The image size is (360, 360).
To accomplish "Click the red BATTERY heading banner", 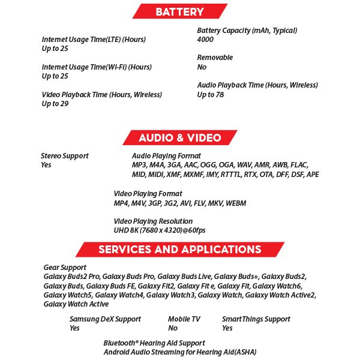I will click(x=179, y=11).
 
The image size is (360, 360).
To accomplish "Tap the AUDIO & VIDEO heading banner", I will click(x=179, y=137).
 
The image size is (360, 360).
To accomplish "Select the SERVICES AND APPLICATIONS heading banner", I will click(x=179, y=249).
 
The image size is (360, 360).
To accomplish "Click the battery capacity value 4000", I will click(x=205, y=40).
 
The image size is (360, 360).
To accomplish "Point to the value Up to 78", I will click(x=211, y=95).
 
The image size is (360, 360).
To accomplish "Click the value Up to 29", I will click(x=55, y=104).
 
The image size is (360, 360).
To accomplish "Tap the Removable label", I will click(x=215, y=58).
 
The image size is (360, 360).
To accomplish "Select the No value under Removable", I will click(x=202, y=67).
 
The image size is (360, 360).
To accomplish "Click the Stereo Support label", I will click(x=65, y=156).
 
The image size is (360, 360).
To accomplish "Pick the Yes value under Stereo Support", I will click(x=46, y=165).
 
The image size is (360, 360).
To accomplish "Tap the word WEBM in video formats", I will click(x=236, y=203).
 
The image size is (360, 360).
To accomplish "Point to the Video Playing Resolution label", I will click(x=153, y=221).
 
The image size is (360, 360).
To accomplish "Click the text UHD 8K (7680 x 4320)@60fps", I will click(x=159, y=230).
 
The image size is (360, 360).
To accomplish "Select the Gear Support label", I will click(x=65, y=268).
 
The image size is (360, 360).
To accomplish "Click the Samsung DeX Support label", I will click(x=105, y=319).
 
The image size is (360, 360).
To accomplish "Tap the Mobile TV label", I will click(x=184, y=319).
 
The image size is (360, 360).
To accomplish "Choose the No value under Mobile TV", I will click(x=173, y=328).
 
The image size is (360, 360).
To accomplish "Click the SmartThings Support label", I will click(x=256, y=319).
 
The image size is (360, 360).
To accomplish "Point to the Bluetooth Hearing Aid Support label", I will click(x=154, y=343).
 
